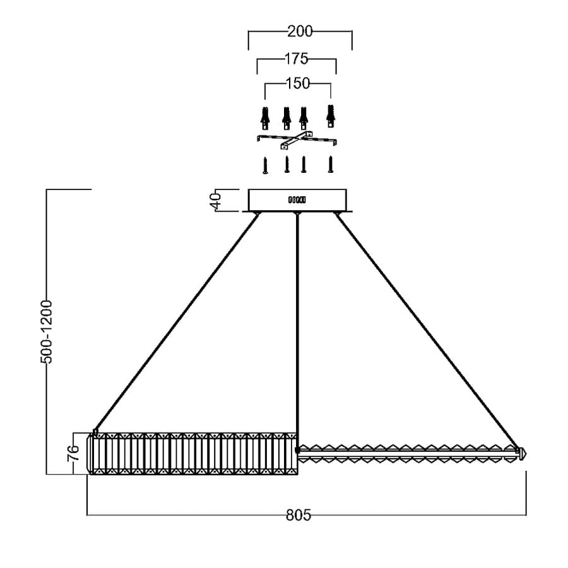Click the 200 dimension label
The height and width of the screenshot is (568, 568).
[300, 32]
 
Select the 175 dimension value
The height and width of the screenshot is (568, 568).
[297, 59]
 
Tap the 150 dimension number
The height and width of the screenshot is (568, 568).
[298, 84]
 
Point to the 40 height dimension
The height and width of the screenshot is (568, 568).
[216, 201]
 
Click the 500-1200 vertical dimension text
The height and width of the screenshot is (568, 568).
[46, 331]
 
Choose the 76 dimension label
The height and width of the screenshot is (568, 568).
[74, 453]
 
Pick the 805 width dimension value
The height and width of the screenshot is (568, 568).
[299, 515]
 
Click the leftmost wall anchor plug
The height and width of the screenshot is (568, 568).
[265, 118]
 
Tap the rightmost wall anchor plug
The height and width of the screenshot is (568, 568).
[330, 116]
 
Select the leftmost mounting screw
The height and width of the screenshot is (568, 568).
[265, 165]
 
